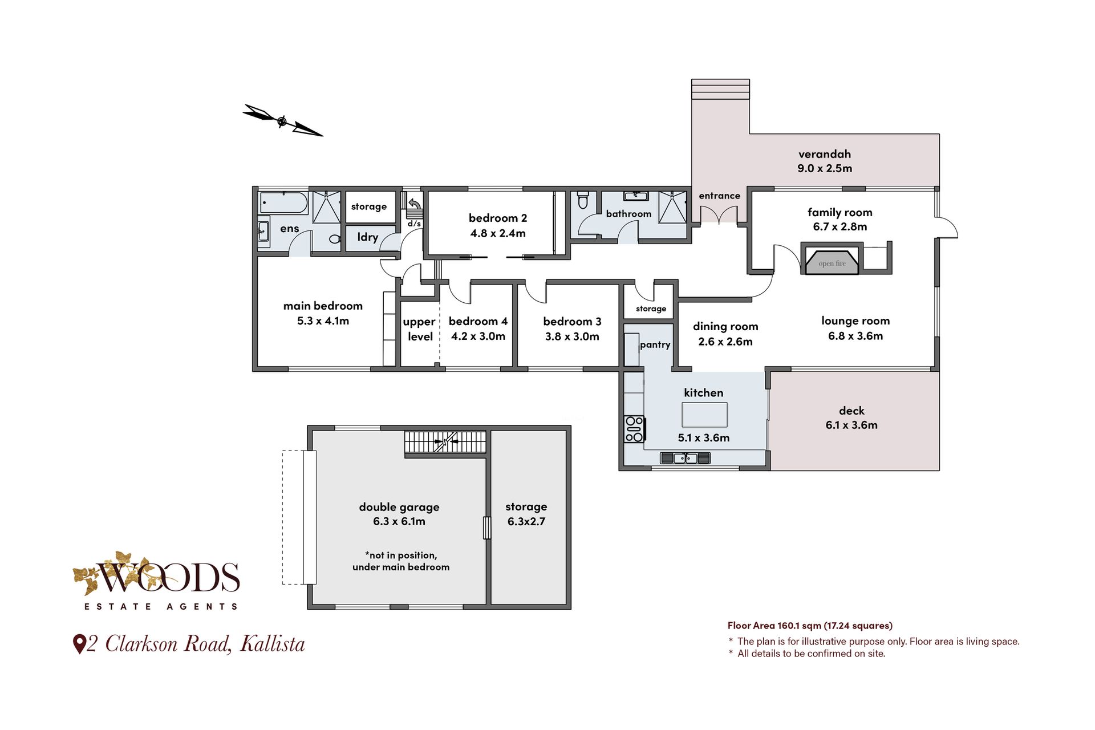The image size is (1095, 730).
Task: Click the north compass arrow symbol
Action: point(282,120)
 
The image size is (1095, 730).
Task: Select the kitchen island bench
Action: point(704,415)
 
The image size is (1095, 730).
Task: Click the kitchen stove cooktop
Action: point(634,429)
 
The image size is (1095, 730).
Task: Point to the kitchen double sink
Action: point(685,457)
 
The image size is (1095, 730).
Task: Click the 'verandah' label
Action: point(825,154)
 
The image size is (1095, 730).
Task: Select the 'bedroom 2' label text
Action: point(498,218)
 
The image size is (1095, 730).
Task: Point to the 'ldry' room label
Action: point(368,237)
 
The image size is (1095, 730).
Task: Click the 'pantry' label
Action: point(655,344)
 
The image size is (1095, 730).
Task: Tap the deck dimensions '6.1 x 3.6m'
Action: point(851,425)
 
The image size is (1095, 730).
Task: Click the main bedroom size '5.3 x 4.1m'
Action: point(323,321)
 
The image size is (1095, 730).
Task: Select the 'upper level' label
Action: point(420,329)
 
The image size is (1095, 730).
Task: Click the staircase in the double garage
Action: point(445,443)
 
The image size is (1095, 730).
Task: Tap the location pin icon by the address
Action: point(79,644)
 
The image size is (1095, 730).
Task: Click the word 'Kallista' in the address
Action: point(273,644)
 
